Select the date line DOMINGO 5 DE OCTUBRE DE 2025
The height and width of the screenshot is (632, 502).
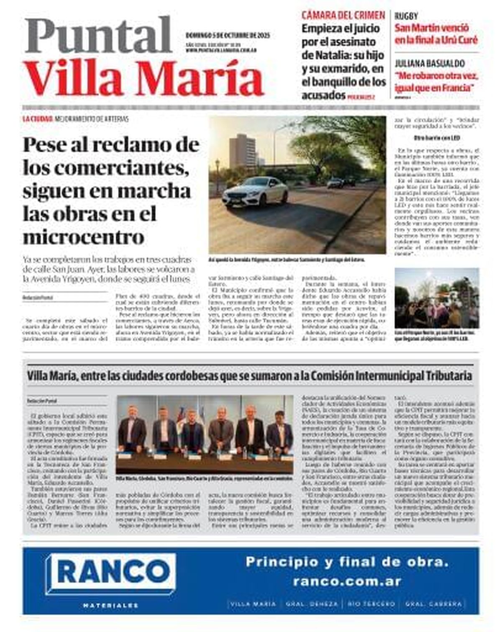pyautogui.click(x=228, y=36)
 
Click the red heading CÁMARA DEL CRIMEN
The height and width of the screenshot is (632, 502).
pyautogui.click(x=343, y=15)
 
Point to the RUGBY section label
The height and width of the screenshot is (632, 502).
pyautogui.click(x=406, y=16)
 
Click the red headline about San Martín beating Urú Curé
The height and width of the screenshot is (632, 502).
pyautogui.click(x=436, y=34)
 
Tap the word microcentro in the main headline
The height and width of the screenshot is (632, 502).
pyautogui.click(x=84, y=237)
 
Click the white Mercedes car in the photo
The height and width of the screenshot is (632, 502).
pyautogui.click(x=255, y=191)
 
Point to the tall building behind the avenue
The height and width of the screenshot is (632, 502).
pyautogui.click(x=242, y=151)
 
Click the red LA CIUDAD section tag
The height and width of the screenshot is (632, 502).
pyautogui.click(x=37, y=119)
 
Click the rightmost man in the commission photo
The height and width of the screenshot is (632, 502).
pyautogui.click(x=279, y=431)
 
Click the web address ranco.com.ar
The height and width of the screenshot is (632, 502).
pyautogui.click(x=347, y=581)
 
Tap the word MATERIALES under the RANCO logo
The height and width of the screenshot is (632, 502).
pyautogui.click(x=110, y=605)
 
